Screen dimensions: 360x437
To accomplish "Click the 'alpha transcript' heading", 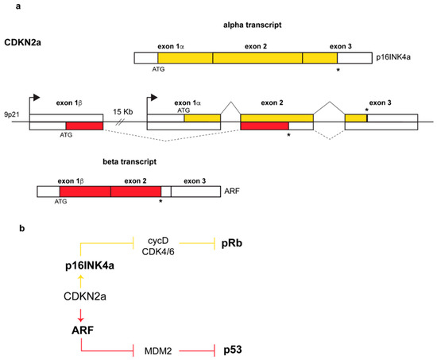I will click(252, 25).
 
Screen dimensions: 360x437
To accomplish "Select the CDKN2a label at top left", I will click(25, 40).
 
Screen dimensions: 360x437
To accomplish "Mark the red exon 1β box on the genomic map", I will click(84, 126).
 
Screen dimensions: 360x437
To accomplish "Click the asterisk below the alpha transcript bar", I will click(339, 71).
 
